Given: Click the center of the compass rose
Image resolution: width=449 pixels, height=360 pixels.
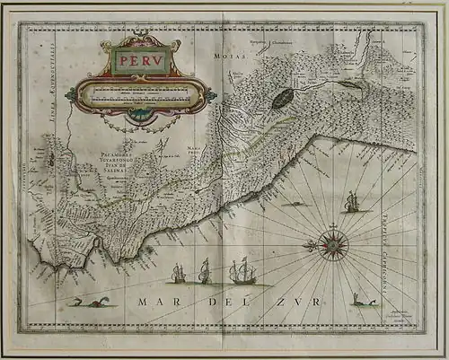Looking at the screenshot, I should (333, 244).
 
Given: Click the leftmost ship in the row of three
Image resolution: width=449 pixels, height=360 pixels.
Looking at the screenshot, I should (178, 272).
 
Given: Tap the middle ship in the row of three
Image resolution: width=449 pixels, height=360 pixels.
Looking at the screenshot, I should (205, 270).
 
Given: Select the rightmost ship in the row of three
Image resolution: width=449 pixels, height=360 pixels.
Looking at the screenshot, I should (242, 270).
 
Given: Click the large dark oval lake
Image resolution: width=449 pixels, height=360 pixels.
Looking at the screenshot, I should (282, 97).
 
